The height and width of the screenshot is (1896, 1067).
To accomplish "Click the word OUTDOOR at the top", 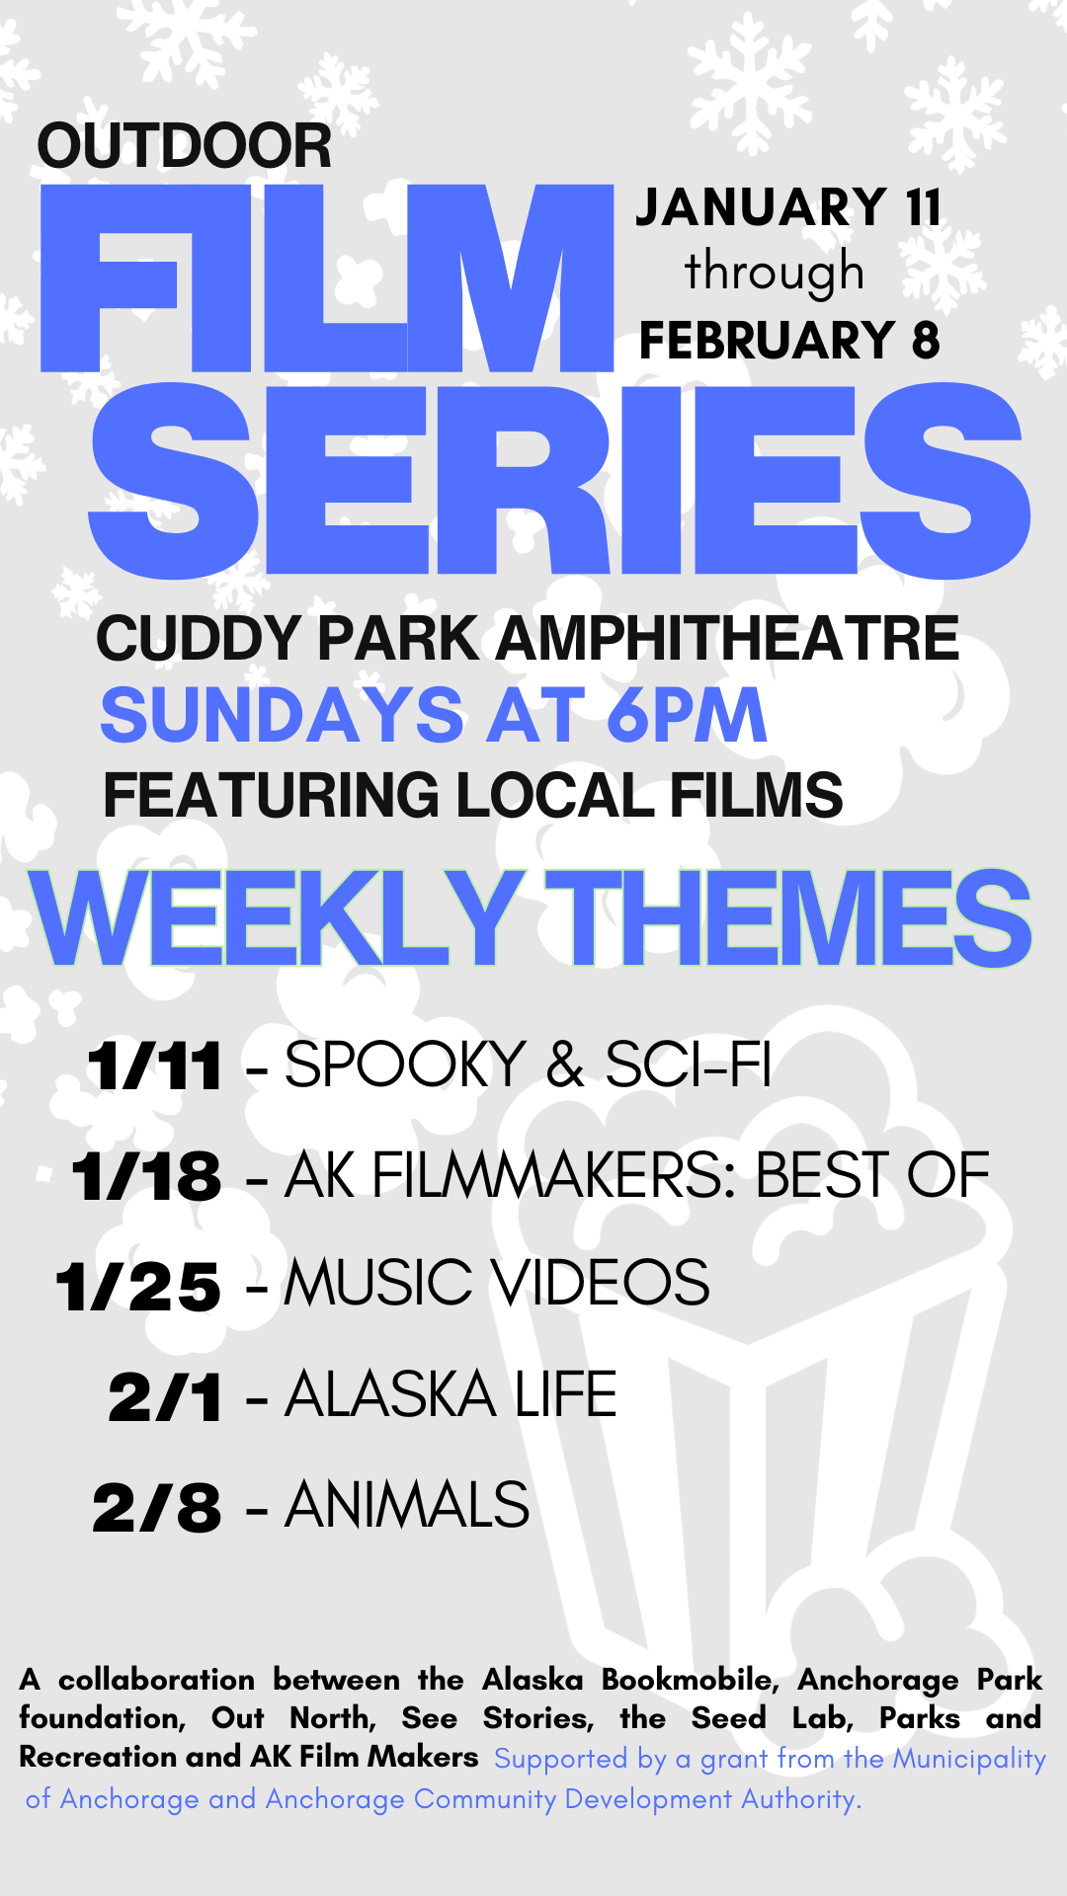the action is (x=184, y=146).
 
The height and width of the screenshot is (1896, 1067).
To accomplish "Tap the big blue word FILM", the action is (x=327, y=278).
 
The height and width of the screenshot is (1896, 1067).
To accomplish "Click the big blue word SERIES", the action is (x=560, y=480).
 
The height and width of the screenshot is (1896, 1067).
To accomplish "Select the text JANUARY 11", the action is (x=788, y=207).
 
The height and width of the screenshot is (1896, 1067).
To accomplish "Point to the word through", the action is (x=775, y=273).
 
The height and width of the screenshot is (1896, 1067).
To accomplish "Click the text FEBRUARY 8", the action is (x=789, y=341).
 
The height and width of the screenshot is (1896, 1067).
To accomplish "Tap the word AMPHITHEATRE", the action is (x=726, y=638).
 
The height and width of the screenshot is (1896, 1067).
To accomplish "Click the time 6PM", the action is (x=687, y=716).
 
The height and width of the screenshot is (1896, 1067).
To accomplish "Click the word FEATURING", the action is (x=272, y=795).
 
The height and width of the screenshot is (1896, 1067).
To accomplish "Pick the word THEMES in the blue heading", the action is (x=788, y=918).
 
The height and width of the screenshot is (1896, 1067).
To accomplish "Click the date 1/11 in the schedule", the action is (x=154, y=1066).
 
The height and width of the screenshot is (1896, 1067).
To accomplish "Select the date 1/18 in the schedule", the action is (x=146, y=1177).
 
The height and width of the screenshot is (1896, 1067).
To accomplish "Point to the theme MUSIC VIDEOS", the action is (x=497, y=1283).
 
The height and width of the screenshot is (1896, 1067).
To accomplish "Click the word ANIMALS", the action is (x=407, y=1505).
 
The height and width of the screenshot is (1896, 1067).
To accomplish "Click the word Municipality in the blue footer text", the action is (x=969, y=1759).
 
